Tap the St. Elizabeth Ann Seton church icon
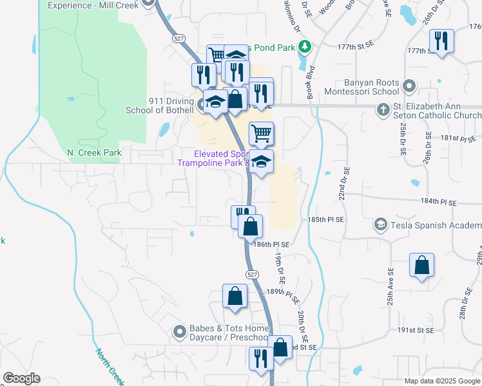pos(382,109)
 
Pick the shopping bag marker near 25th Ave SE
pos(421,265)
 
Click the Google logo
pos(21,378)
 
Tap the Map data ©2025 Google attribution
pos(442,381)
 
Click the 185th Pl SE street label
pos(325,219)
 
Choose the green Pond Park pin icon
pos(308,47)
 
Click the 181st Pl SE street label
pos(458,138)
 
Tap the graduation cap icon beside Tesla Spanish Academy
pos(381,225)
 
